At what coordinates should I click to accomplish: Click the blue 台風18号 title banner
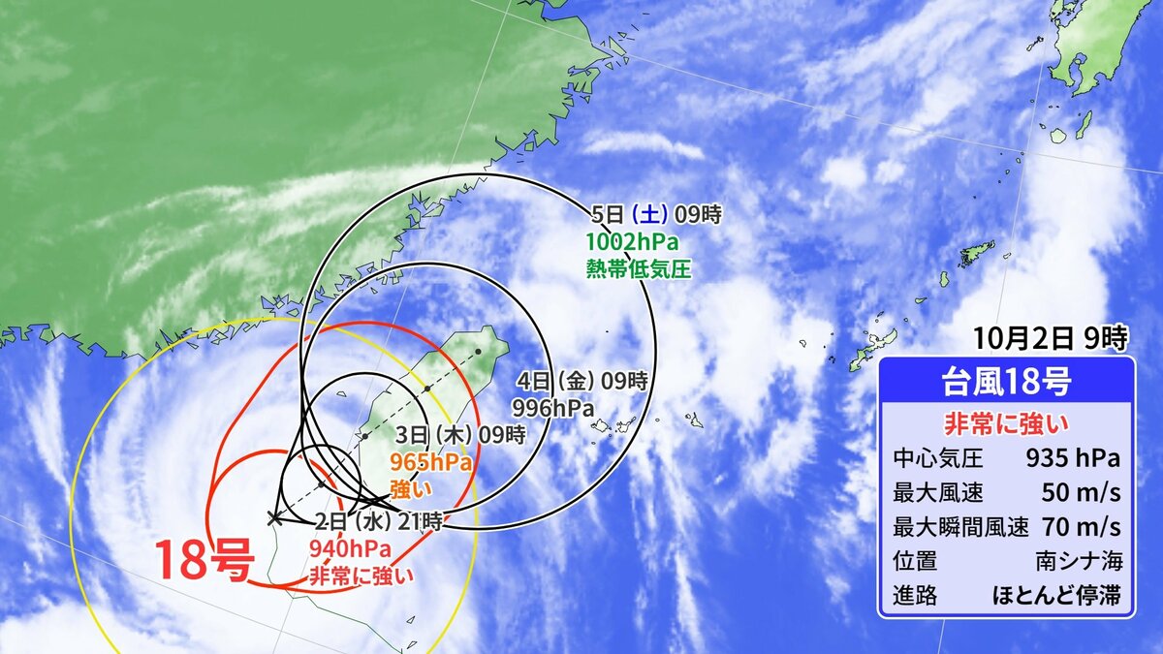[1006, 382]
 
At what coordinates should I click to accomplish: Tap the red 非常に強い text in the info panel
[1006, 423]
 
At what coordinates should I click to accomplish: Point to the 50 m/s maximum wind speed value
[1082, 492]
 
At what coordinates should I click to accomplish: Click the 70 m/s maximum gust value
[1082, 527]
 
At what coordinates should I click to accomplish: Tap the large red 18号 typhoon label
[204, 562]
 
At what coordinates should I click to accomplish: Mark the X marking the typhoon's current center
[274, 518]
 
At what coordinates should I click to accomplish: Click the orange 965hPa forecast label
[430, 462]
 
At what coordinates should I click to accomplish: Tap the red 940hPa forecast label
[350, 549]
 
